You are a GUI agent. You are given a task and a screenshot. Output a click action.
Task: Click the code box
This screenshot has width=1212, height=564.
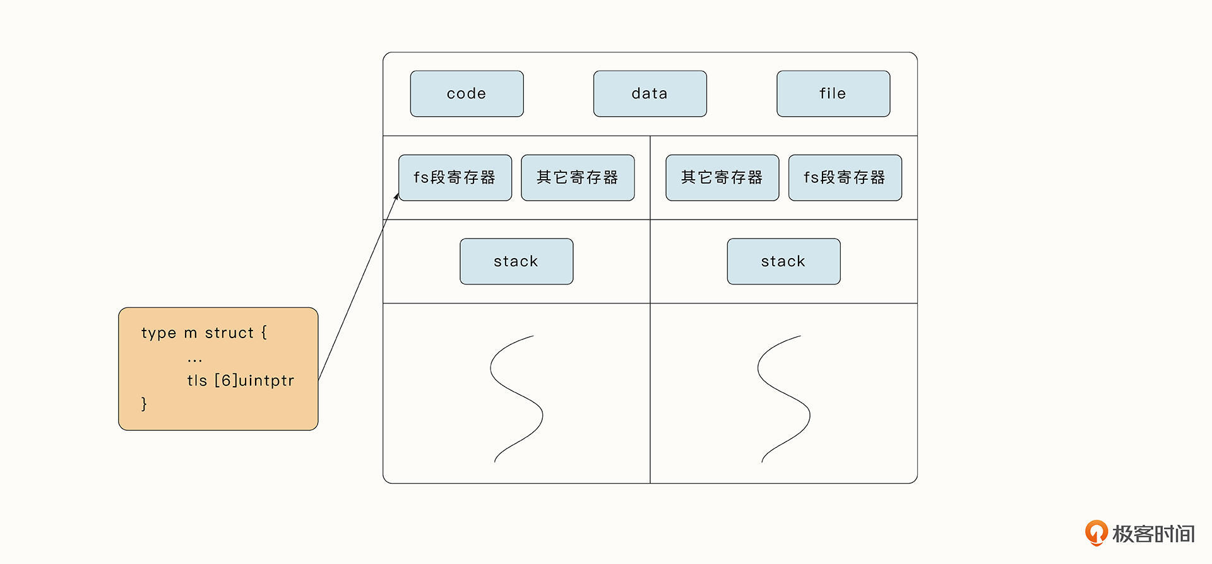pyautogui.click(x=466, y=94)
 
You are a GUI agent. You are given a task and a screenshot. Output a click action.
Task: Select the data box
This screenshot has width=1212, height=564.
pyautogui.click(x=650, y=94)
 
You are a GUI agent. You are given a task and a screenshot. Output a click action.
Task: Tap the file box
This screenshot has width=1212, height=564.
pyautogui.click(x=833, y=94)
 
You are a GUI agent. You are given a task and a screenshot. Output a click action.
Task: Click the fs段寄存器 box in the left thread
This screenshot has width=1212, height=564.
pyautogui.click(x=454, y=178)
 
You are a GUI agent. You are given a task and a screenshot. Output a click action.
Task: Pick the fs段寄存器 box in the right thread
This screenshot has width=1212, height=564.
pyautogui.click(x=845, y=178)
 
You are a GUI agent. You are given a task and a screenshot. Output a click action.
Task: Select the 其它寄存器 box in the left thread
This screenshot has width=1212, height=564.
pyautogui.click(x=578, y=178)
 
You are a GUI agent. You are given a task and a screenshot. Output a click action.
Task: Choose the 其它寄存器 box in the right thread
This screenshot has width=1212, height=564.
pyautogui.click(x=722, y=178)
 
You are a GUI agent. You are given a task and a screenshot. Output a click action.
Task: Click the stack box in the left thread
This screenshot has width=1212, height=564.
pyautogui.click(x=516, y=262)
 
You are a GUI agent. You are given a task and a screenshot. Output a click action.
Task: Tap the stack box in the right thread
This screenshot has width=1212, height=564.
pyautogui.click(x=783, y=262)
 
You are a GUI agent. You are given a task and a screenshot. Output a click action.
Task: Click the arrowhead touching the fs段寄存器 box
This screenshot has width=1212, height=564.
pyautogui.click(x=396, y=197)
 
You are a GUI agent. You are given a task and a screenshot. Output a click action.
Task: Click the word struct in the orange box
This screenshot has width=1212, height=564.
pyautogui.click(x=229, y=333)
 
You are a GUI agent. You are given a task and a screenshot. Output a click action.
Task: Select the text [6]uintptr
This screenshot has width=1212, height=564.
pyautogui.click(x=254, y=380)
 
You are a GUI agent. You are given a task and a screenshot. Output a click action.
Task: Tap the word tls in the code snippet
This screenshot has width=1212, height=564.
pyautogui.click(x=197, y=380)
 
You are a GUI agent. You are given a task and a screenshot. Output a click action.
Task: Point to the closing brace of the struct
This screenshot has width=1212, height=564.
pyautogui.click(x=144, y=404)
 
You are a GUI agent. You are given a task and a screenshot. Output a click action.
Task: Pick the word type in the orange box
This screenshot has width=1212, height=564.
pyautogui.click(x=158, y=333)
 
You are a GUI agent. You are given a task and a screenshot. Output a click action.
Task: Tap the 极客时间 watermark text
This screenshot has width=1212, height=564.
pyautogui.click(x=1153, y=534)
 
